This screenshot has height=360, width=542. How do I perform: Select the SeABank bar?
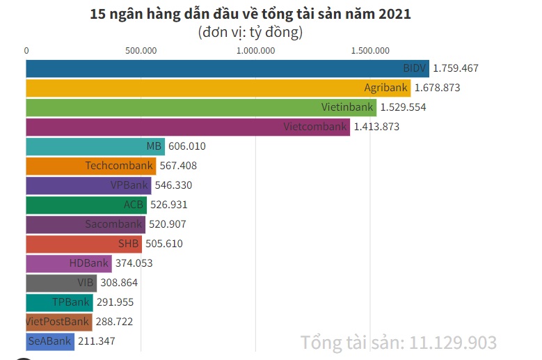click(50, 341)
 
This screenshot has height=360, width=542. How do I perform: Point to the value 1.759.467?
click(456, 68)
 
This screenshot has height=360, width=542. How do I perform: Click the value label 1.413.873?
click(376, 127)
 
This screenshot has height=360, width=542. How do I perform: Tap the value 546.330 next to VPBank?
click(173, 185)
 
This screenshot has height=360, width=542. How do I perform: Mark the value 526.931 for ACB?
click(168, 205)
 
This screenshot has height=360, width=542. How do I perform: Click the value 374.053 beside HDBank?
click(134, 263)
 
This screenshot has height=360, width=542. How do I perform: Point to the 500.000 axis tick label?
click(141, 50)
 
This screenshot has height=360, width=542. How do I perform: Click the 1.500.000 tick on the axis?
click(370, 50)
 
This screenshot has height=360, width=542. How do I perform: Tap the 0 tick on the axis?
click(26, 50)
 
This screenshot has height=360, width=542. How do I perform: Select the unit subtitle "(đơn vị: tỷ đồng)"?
click(250, 32)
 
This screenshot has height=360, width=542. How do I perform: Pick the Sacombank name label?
click(114, 224)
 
